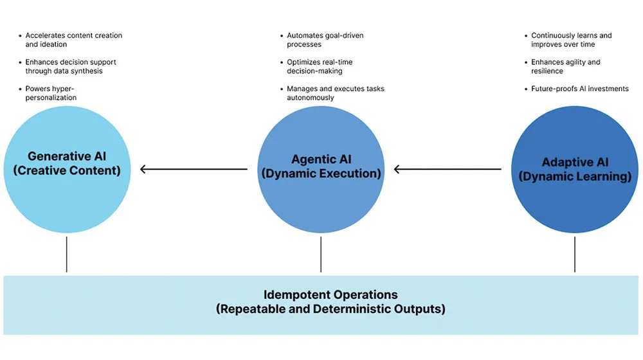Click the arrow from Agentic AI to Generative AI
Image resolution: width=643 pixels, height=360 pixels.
point(194,170)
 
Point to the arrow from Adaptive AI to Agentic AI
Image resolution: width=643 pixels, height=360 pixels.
point(448,170)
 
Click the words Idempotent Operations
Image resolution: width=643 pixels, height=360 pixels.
point(331,295)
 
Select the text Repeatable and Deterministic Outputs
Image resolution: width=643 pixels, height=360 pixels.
point(331,309)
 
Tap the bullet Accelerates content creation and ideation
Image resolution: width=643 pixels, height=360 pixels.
point(73,40)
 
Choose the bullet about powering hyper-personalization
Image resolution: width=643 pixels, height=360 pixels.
point(51,93)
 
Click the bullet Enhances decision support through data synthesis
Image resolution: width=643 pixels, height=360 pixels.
point(71,67)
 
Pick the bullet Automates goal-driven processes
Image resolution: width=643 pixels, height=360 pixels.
point(325,40)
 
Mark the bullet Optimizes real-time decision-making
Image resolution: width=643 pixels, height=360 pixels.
point(320,67)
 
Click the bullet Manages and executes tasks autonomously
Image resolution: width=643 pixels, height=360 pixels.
point(335,93)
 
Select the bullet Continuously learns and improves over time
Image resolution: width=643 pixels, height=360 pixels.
point(571,40)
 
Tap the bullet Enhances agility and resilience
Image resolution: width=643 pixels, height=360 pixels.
point(565,67)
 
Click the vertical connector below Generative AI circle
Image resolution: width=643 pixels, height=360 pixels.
point(66,254)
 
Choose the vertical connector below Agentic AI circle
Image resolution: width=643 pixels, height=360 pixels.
point(320,254)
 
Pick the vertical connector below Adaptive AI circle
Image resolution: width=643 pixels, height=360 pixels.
point(575,254)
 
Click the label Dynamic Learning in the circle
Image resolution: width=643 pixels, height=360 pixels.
point(575,177)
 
